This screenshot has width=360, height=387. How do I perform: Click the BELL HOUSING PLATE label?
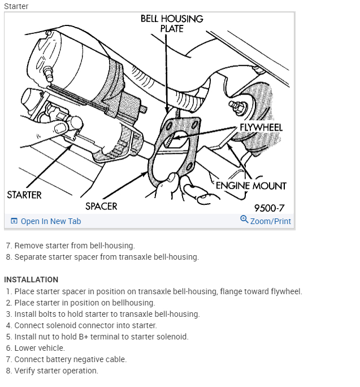[x=172, y=23]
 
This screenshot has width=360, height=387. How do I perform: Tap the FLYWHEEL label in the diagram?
[x=261, y=127]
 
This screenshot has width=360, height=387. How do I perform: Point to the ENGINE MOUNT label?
[x=251, y=186]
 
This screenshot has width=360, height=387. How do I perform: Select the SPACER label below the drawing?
[x=101, y=206]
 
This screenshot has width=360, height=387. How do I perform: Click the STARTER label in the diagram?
[x=24, y=195]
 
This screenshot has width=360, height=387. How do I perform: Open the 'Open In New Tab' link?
[x=50, y=221]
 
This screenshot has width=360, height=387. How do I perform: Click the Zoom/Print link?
[x=271, y=221]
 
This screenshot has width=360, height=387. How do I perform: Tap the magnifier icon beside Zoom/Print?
[x=244, y=220]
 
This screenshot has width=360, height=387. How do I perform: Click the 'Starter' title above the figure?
[x=16, y=6]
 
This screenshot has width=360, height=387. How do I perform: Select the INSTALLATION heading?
[x=31, y=279]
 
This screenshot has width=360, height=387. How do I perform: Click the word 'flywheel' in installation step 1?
[x=287, y=291]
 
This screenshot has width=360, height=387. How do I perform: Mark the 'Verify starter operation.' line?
[x=56, y=371]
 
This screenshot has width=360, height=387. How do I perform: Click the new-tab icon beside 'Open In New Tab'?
[x=14, y=221]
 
